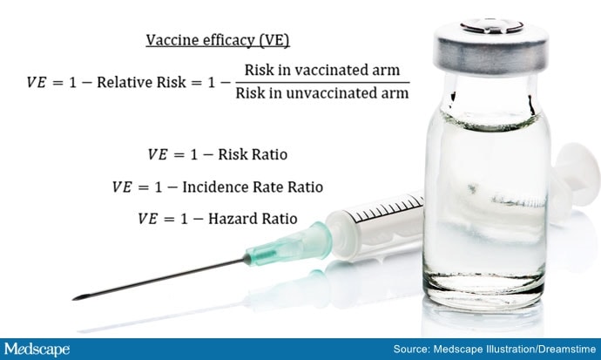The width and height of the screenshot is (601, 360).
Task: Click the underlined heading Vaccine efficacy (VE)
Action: pyautogui.click(x=218, y=41)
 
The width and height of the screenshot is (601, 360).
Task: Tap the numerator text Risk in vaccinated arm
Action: pyautogui.click(x=322, y=70)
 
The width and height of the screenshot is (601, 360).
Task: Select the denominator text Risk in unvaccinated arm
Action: pyautogui.click(x=322, y=93)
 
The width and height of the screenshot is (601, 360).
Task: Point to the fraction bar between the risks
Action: pyautogui.click(x=322, y=82)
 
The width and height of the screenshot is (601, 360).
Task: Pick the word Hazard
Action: pyautogui.click(x=227, y=219)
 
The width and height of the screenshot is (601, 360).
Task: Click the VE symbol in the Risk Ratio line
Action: pyautogui.click(x=158, y=154)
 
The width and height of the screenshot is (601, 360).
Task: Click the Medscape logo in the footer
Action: pyautogui.click(x=37, y=350)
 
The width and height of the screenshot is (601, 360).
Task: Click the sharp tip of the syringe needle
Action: pyautogui.click(x=73, y=298)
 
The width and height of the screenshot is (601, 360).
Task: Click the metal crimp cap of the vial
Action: pyautogui.click(x=491, y=48)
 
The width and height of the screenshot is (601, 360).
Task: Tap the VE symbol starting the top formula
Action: pyautogui.click(x=36, y=83)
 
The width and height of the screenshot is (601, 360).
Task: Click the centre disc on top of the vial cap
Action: pyautogui.click(x=492, y=26)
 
